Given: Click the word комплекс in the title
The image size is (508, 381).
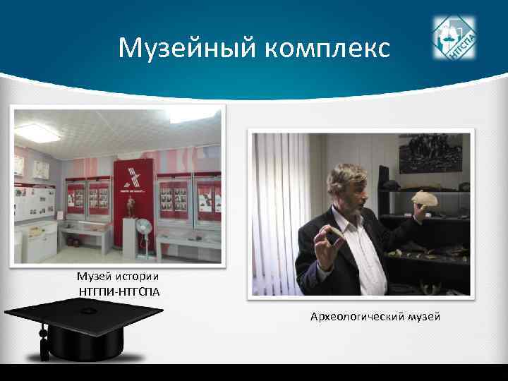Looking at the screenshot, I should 329,49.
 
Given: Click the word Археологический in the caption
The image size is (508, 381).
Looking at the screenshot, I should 356,317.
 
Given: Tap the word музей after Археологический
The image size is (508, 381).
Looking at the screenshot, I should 424,317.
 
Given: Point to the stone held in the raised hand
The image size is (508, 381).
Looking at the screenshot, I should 428,200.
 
